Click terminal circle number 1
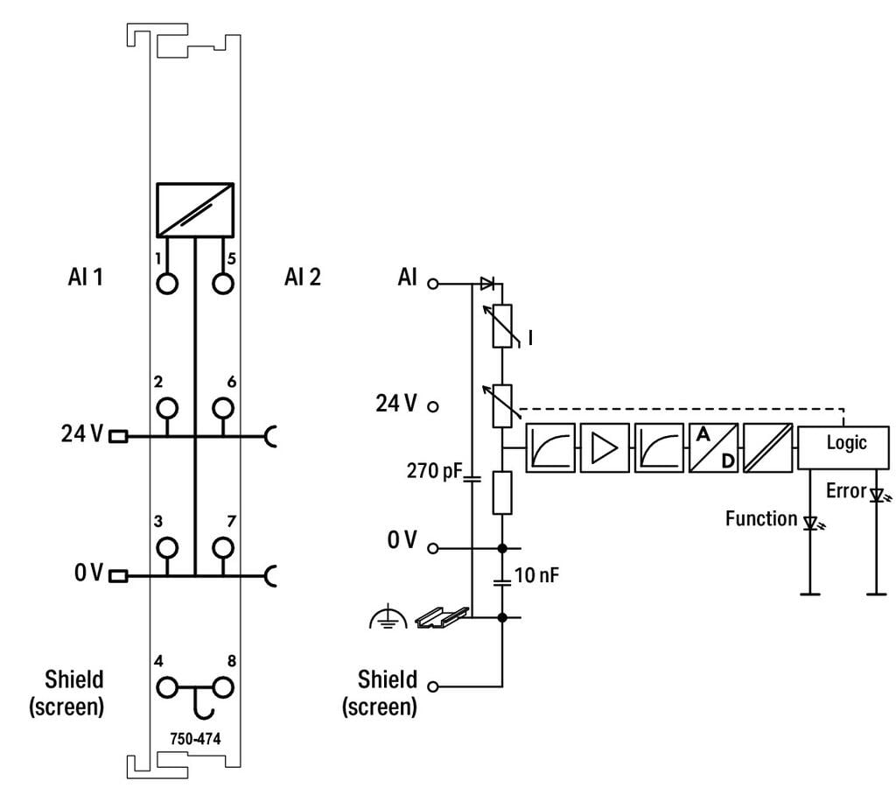pyautogui.click(x=166, y=284)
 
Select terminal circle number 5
pyautogui.click(x=224, y=284)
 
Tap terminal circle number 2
pyautogui.click(x=166, y=408)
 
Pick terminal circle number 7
pyautogui.click(x=224, y=548)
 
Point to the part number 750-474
pyautogui.click(x=195, y=738)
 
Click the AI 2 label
pyautogui.click(x=302, y=278)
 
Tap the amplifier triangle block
pyautogui.click(x=605, y=447)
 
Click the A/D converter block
pyautogui.click(x=713, y=447)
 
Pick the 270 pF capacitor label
pyautogui.click(x=431, y=471)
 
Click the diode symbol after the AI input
pyautogui.click(x=487, y=283)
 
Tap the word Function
pyautogui.click(x=761, y=518)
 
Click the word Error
pyautogui.click(x=846, y=491)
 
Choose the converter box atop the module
pyautogui.click(x=195, y=210)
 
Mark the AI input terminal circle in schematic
pyautogui.click(x=432, y=284)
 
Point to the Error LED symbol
pyautogui.click(x=877, y=495)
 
